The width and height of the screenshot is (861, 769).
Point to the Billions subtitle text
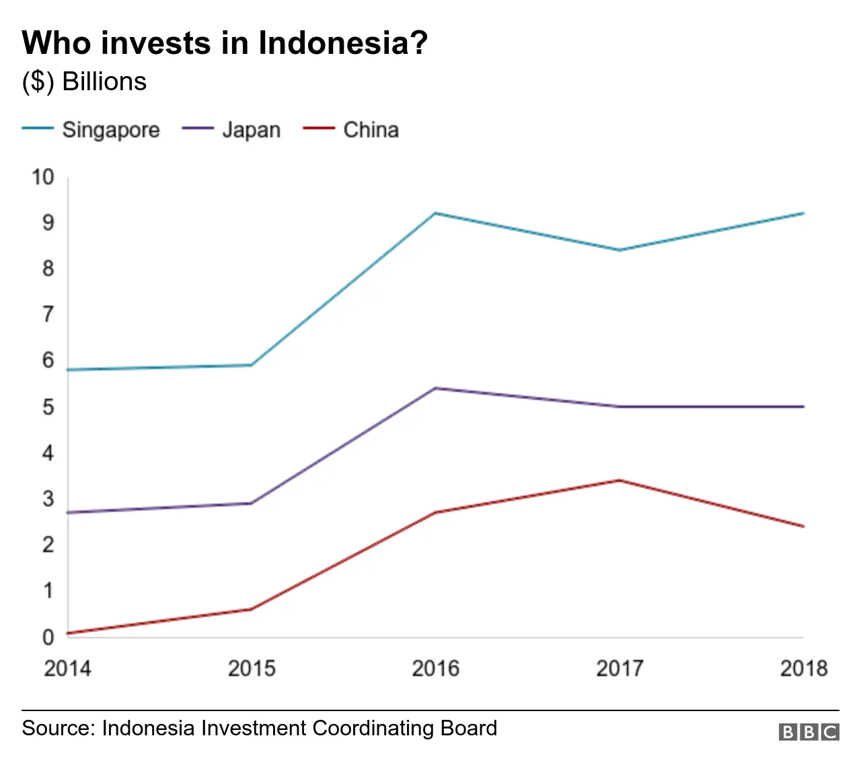coord(104,81)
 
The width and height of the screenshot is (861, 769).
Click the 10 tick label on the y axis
coord(42,177)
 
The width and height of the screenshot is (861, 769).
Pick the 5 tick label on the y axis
coord(48,407)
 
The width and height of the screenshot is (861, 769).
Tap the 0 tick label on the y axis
coord(48,636)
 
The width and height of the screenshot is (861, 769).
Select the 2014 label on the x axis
coord(67,668)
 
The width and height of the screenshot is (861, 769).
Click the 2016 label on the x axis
coord(435,668)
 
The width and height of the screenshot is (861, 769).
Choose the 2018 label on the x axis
coord(803,668)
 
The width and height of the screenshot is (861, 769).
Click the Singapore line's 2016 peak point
coord(435,213)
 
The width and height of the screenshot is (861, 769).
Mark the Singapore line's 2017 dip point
coord(620,250)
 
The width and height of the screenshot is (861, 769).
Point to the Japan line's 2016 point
coord(435,389)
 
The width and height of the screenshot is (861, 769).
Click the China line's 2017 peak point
coord(620,480)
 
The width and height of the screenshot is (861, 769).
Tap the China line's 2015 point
coord(251,609)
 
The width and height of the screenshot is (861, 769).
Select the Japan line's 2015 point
coord(251,503)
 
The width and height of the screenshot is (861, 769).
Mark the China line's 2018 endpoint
coord(803,527)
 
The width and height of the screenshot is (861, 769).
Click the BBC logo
coord(809,732)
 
